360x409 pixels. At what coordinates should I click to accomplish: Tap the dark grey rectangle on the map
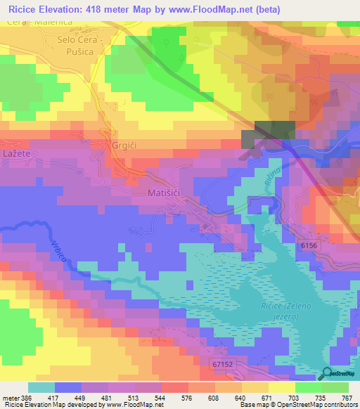point(269,134)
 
